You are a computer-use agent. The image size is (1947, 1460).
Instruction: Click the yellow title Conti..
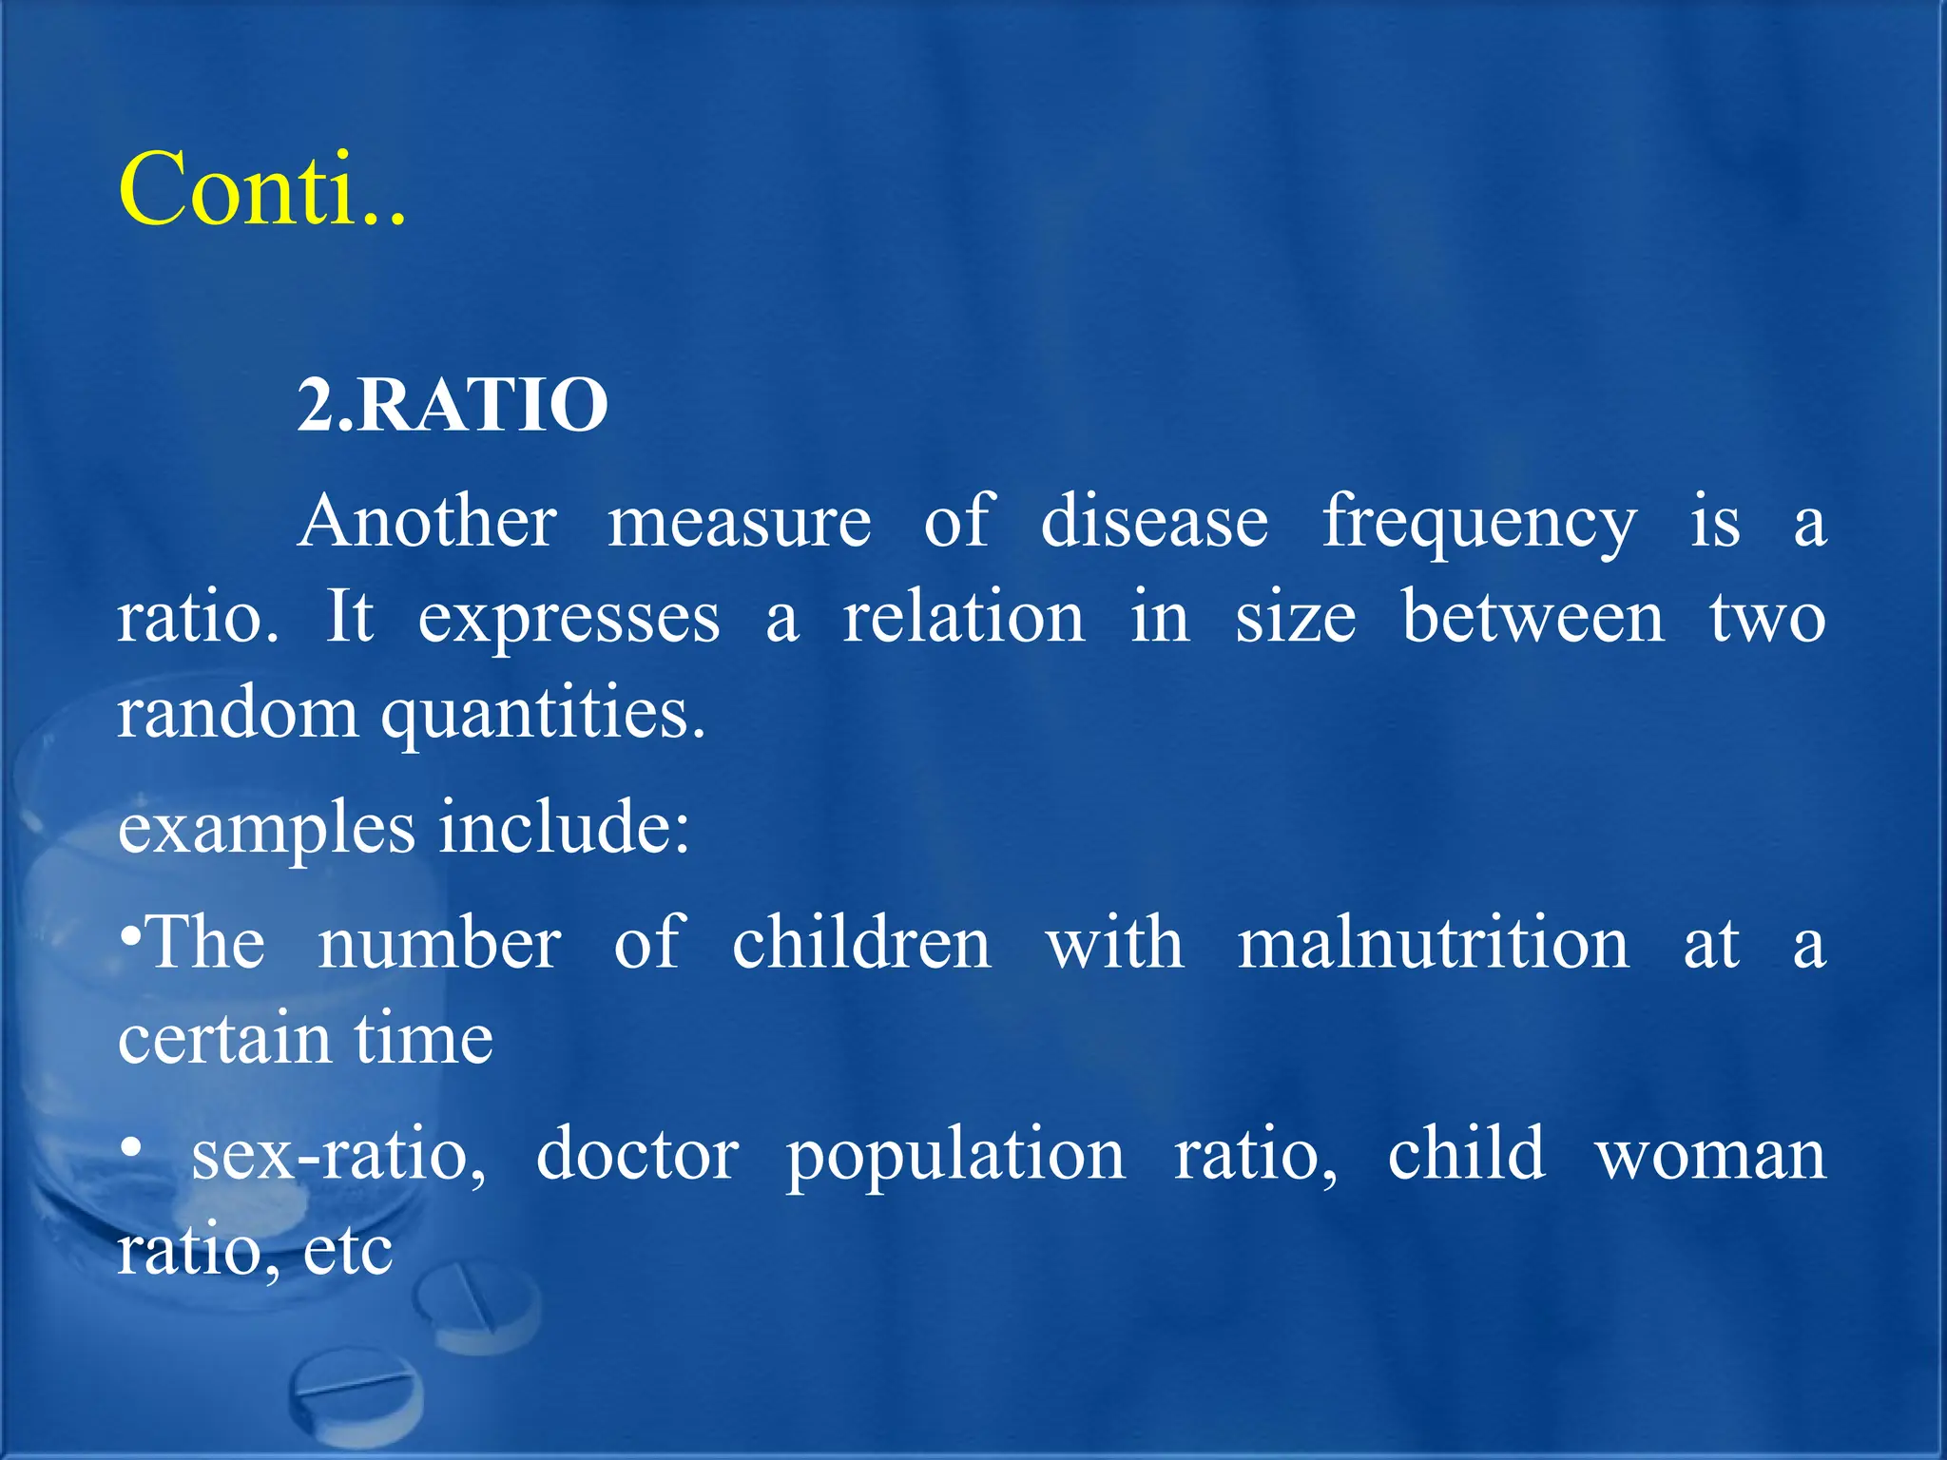click(x=261, y=190)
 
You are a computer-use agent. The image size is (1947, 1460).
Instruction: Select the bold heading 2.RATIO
click(x=453, y=406)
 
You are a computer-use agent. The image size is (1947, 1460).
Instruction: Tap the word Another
click(x=427, y=522)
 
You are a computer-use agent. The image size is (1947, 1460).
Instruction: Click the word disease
click(x=1154, y=522)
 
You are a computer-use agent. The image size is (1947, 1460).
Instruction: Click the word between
click(x=1533, y=618)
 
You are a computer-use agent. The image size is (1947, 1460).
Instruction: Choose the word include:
click(x=565, y=827)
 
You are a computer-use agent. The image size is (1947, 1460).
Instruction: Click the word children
click(x=861, y=943)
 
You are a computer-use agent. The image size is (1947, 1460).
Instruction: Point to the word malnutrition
click(x=1433, y=943)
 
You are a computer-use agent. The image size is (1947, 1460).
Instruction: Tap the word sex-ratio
click(x=338, y=1155)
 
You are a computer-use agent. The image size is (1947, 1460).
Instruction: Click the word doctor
click(x=637, y=1155)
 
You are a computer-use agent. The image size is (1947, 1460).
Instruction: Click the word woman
click(x=1710, y=1155)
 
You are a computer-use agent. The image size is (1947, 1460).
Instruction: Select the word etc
click(x=347, y=1252)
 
